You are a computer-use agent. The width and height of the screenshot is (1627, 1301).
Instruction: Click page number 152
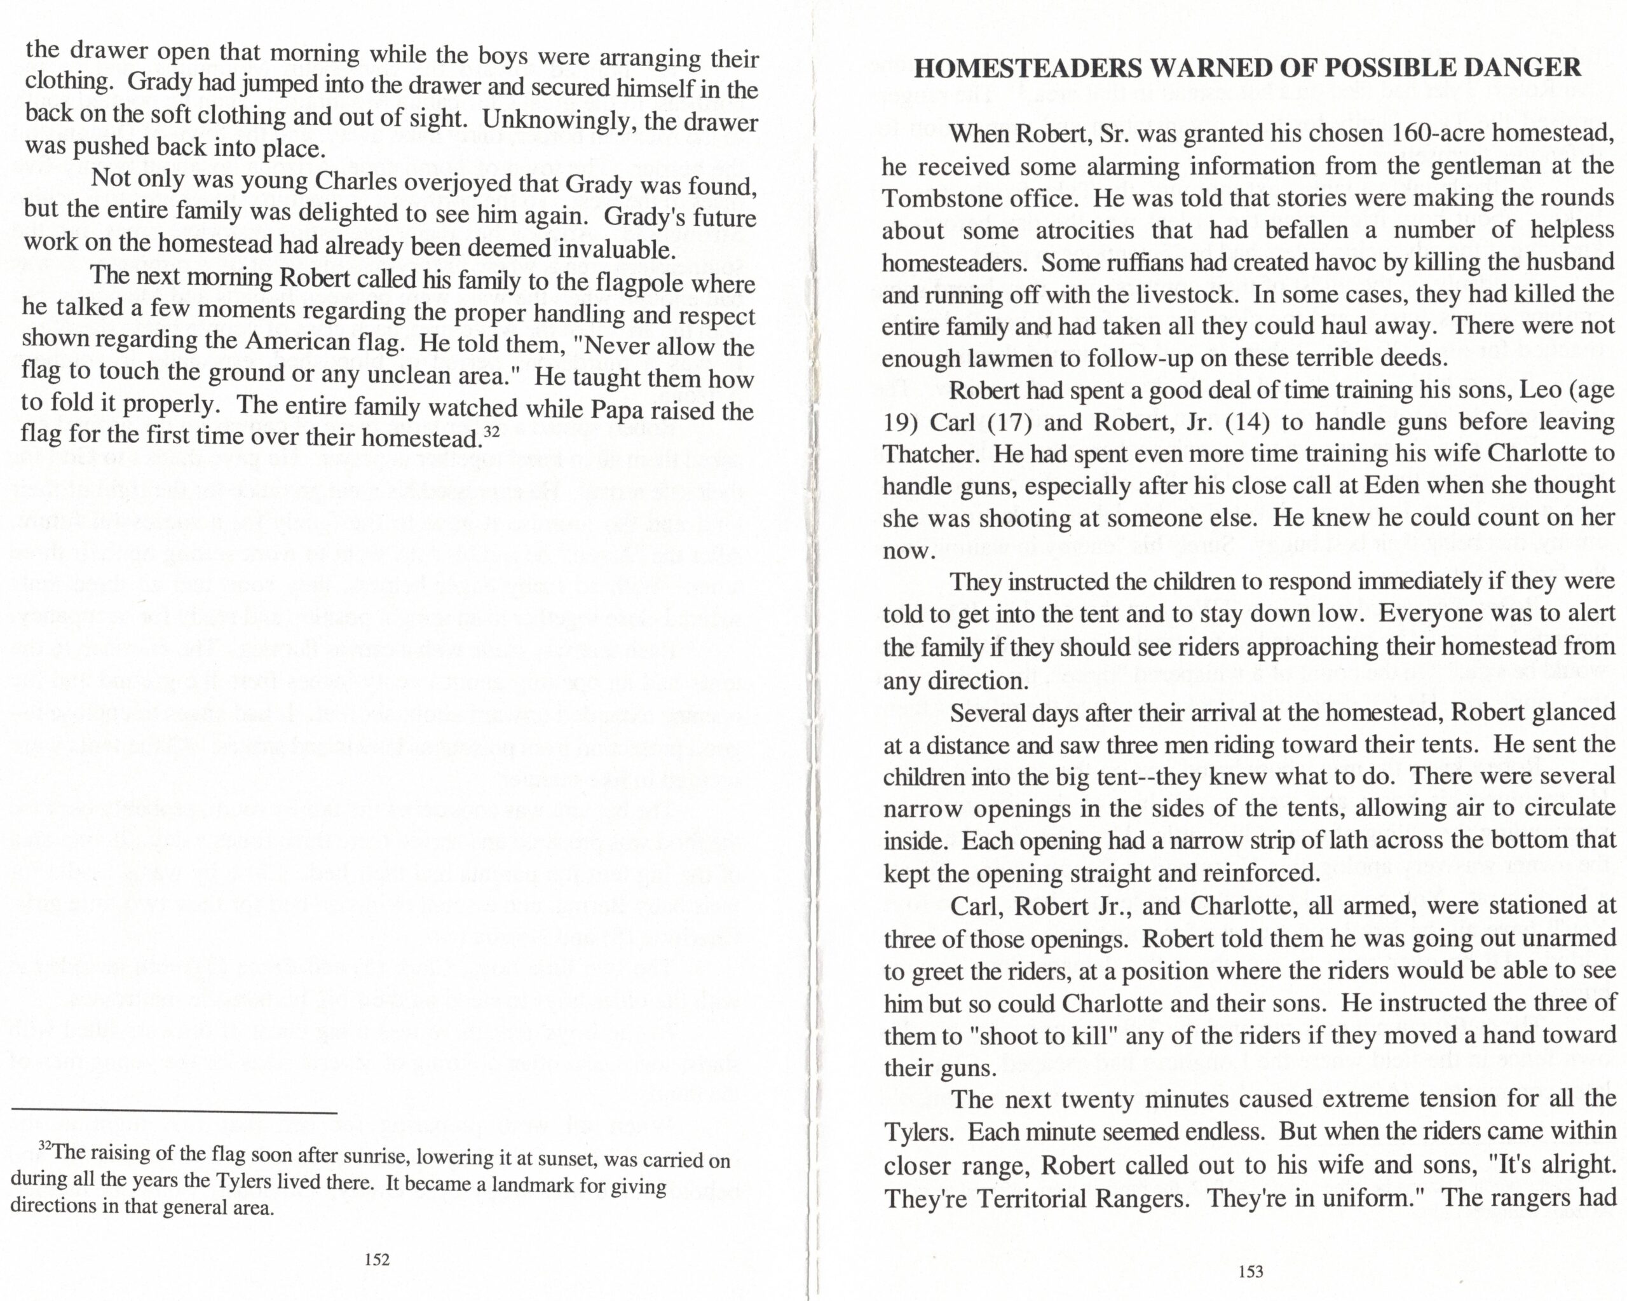377,1259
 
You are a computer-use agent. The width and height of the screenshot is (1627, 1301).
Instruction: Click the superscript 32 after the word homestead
491,432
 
